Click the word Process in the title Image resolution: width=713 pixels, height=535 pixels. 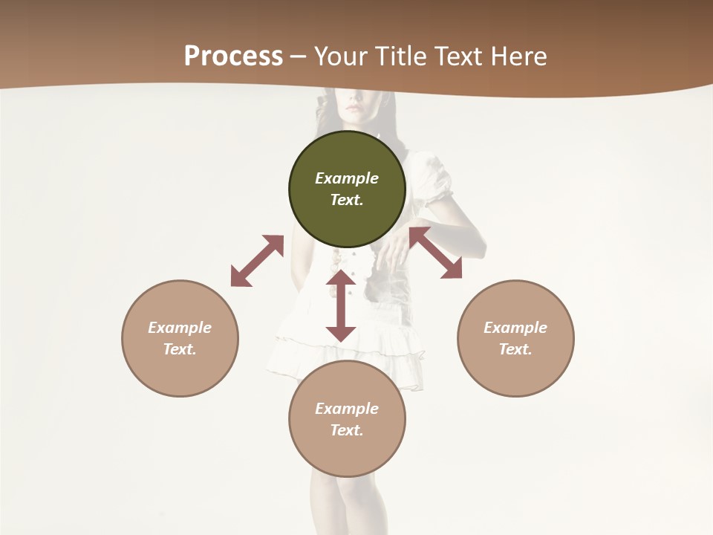(233, 56)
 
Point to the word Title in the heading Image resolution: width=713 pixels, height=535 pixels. (403, 56)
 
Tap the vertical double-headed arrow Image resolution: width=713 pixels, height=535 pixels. (341, 305)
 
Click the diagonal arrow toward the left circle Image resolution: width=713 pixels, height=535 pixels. (257, 261)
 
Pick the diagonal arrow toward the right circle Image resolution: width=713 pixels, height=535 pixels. (435, 253)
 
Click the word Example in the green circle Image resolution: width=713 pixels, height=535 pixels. (347, 178)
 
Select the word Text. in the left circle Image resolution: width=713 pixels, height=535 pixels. (180, 349)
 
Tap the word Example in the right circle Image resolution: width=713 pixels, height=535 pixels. (515, 328)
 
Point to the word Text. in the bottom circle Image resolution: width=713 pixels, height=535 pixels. (347, 430)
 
